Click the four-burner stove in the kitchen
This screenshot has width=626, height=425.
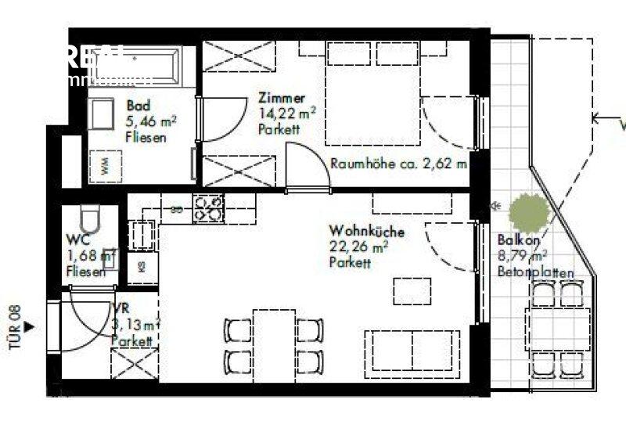point(208,208)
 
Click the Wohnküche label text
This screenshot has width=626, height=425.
point(366,232)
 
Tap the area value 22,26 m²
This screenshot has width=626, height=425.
point(358,248)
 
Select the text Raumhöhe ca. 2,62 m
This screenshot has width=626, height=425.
point(398,164)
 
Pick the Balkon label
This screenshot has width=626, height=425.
point(516,240)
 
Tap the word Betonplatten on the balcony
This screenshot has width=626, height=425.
point(536,272)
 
